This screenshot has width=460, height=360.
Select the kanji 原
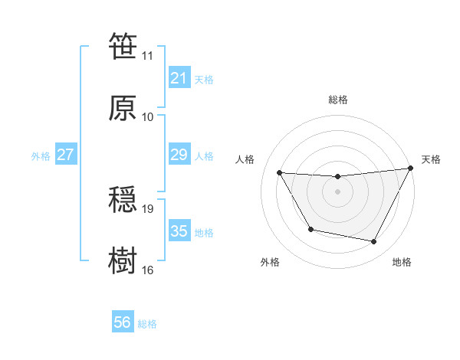(x=123, y=109)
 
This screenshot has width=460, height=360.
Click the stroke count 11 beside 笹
(x=148, y=56)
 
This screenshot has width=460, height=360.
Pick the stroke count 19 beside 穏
(x=148, y=208)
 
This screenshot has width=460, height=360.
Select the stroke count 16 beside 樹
(x=148, y=270)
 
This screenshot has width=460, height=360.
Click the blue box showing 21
(x=179, y=78)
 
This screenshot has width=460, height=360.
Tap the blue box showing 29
(x=179, y=155)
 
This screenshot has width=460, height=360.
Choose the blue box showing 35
(x=179, y=231)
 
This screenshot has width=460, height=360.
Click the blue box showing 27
(x=65, y=155)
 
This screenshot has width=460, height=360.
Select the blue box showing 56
(x=122, y=322)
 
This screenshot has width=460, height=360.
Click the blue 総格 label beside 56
(x=147, y=324)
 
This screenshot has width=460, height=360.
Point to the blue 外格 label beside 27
(x=41, y=156)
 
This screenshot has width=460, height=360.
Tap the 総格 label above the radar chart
(x=337, y=100)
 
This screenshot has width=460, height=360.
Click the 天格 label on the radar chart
(x=431, y=159)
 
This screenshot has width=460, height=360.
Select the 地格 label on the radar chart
(x=402, y=263)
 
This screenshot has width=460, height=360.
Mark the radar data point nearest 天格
(x=409, y=169)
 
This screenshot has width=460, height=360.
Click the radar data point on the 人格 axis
(x=280, y=172)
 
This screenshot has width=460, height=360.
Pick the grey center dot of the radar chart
(x=337, y=191)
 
